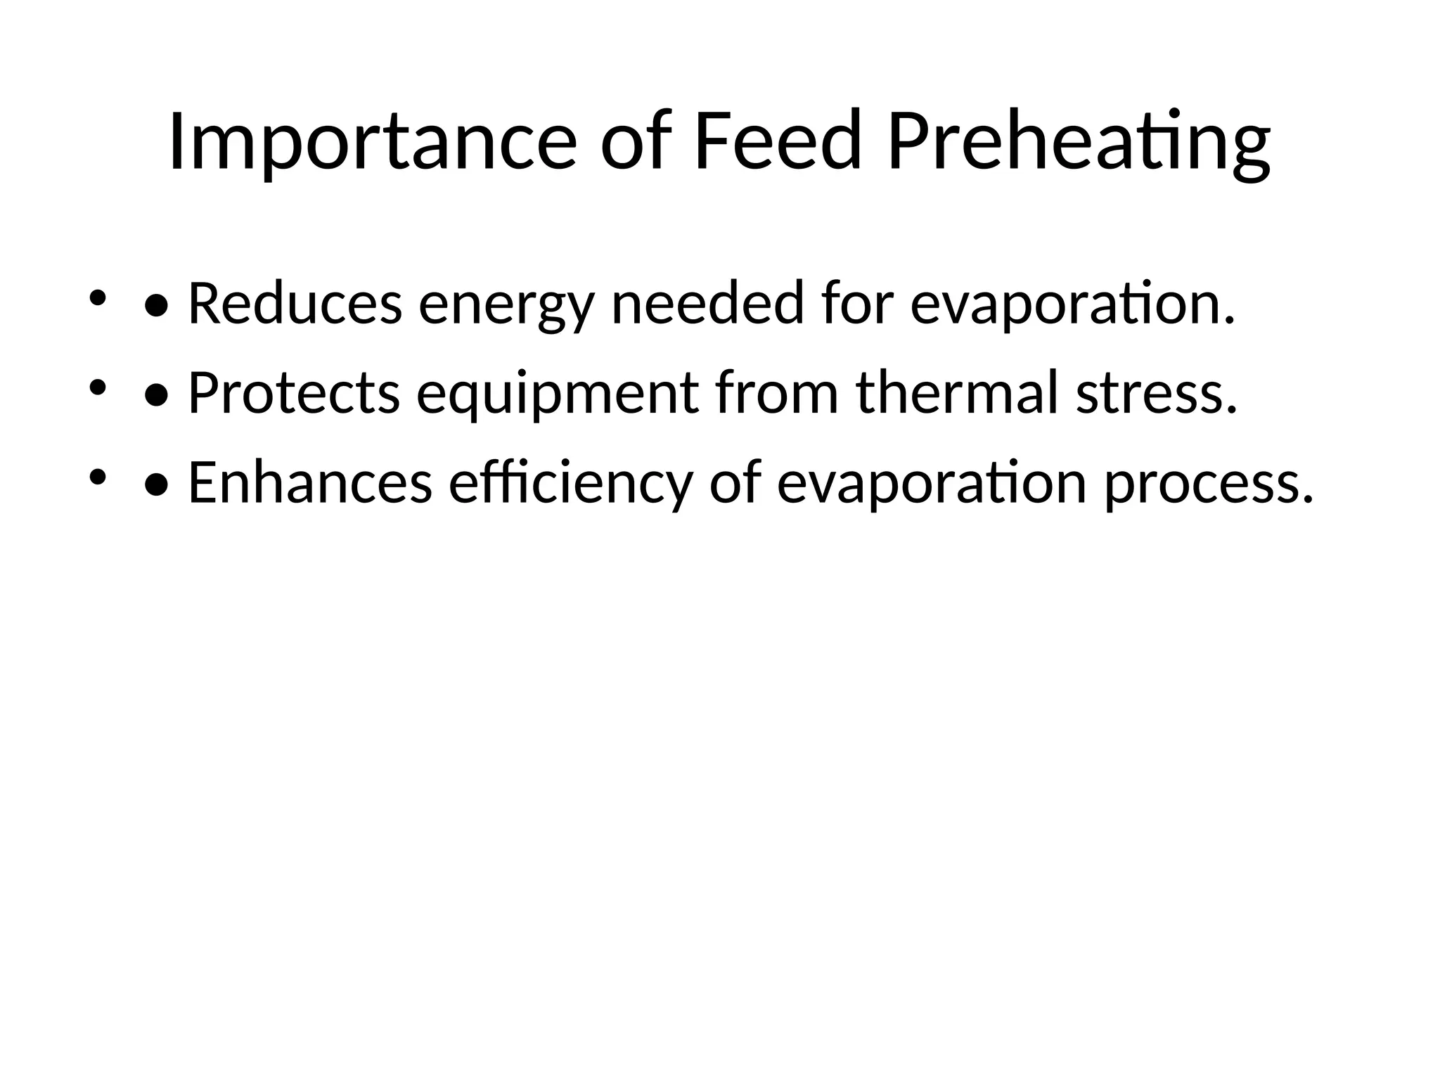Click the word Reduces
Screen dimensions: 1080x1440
pos(295,304)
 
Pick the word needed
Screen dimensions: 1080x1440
pos(707,304)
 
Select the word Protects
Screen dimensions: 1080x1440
pos(294,393)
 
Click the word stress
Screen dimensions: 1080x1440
pos(1157,394)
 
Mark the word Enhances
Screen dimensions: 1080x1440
pos(310,483)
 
